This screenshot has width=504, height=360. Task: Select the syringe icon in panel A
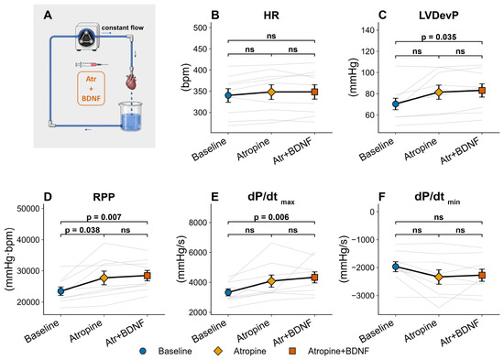(x=92, y=65)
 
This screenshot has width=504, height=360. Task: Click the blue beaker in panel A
(x=131, y=116)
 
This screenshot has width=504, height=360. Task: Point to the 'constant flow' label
(x=123, y=27)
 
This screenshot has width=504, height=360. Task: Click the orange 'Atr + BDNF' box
(x=91, y=88)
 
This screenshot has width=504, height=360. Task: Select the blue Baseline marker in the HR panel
(x=228, y=95)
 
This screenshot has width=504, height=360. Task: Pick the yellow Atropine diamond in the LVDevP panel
(x=438, y=93)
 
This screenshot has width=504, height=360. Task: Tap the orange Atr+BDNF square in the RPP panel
(x=148, y=276)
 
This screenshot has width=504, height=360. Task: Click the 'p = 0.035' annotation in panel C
(x=438, y=37)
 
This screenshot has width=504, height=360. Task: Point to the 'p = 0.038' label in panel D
(x=82, y=230)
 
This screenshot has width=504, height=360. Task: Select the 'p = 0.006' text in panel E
(x=271, y=217)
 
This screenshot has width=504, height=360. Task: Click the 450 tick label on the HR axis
(x=200, y=49)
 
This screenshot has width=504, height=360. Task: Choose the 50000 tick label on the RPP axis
(x=28, y=208)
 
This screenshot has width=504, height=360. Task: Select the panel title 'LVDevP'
(x=438, y=16)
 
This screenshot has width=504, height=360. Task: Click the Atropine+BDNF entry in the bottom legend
(x=338, y=351)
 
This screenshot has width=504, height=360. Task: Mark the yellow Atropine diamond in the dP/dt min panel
(x=438, y=277)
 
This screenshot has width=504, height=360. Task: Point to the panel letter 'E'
(x=214, y=197)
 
